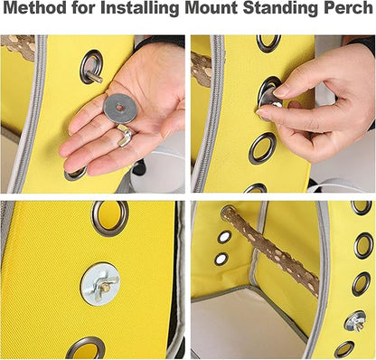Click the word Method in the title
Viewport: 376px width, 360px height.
click(35, 8)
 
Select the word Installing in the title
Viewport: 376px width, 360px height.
click(140, 9)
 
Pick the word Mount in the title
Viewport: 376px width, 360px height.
click(211, 8)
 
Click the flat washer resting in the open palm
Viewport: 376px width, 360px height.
click(119, 109)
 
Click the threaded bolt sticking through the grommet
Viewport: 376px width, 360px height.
click(95, 77)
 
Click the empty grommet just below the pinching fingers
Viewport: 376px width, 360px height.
click(262, 148)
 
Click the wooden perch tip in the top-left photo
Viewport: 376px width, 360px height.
click(19, 46)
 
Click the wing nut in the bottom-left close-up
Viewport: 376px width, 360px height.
click(103, 286)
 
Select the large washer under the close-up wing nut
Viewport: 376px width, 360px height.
click(100, 284)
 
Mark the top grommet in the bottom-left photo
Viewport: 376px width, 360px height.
click(110, 218)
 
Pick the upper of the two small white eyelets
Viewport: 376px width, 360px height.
click(224, 237)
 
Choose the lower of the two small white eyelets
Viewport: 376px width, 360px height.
click(221, 259)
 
